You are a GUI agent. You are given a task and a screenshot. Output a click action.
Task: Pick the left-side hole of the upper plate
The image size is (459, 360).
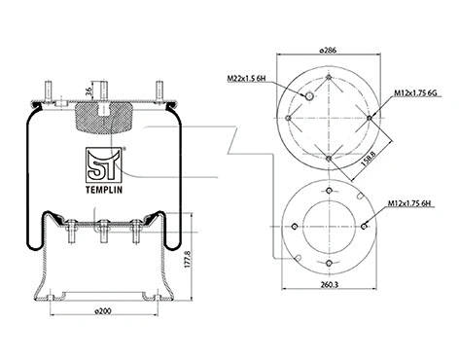pyautogui.click(x=289, y=117)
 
